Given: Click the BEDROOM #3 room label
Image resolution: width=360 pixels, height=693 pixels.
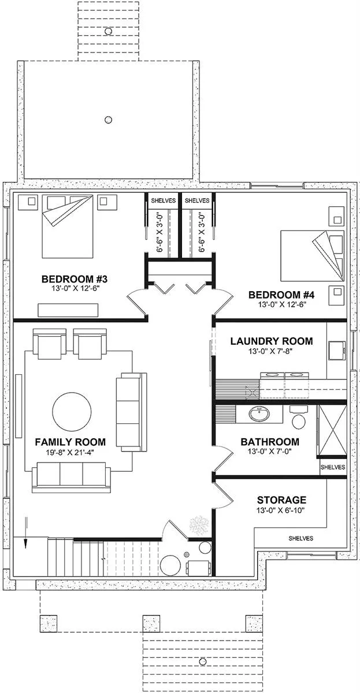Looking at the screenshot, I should coord(75,280).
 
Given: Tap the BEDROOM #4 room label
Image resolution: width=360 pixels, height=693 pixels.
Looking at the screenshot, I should coord(281,295).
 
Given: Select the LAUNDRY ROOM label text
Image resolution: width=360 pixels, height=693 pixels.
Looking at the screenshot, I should coord(271,341).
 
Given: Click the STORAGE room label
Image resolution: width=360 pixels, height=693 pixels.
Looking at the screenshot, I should coord(281,500).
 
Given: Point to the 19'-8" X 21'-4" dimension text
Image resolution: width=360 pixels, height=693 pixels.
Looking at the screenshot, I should coord(70,453).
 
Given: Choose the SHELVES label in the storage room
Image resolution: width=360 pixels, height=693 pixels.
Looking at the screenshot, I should coord(300,538).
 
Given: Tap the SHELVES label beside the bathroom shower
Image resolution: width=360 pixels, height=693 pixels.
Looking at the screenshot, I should coord(332,467).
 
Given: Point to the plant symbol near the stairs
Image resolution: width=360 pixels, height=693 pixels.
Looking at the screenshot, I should coord(198,525).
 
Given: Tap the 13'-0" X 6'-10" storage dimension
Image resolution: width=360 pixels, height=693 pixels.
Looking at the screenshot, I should coord(281,510).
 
